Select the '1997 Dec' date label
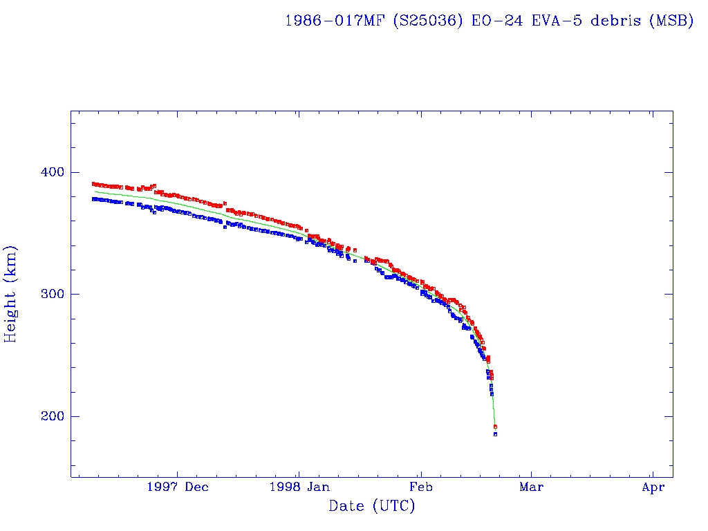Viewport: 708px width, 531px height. tap(177, 487)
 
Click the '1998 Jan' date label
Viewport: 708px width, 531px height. tap(299, 487)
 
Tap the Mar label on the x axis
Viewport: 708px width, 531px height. tap(531, 487)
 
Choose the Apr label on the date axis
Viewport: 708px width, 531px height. tap(653, 487)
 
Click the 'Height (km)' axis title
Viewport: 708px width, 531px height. tap(11, 294)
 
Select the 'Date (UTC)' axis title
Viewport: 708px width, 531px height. tap(372, 507)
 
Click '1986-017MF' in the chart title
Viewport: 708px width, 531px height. tap(335, 21)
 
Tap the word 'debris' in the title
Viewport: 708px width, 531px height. tap(615, 21)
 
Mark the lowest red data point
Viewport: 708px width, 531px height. tap(495, 427)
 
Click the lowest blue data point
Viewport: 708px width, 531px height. tap(495, 434)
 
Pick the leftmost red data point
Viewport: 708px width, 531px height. tap(93, 184)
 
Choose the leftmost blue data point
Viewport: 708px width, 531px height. tap(93, 199)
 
